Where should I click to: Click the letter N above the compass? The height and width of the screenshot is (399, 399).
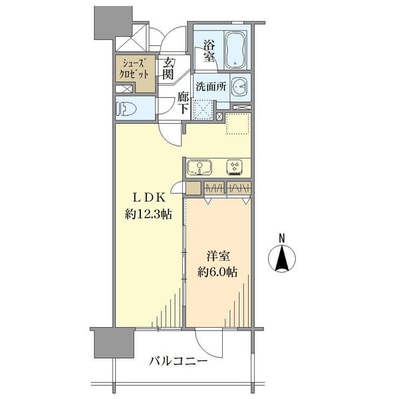[x=281, y=238]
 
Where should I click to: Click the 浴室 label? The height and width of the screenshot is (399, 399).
[x=209, y=51]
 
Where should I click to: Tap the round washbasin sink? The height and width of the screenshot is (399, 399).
[x=241, y=86]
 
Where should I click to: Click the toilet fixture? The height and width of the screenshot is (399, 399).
[x=128, y=107]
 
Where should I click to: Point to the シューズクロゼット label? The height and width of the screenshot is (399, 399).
[x=136, y=69]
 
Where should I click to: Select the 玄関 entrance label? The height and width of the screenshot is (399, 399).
[x=170, y=69]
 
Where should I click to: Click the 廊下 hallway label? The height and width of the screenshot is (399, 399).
[x=184, y=103]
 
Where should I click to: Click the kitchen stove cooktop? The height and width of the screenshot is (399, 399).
[x=236, y=166]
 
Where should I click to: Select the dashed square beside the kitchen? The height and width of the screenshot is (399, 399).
[x=237, y=124]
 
